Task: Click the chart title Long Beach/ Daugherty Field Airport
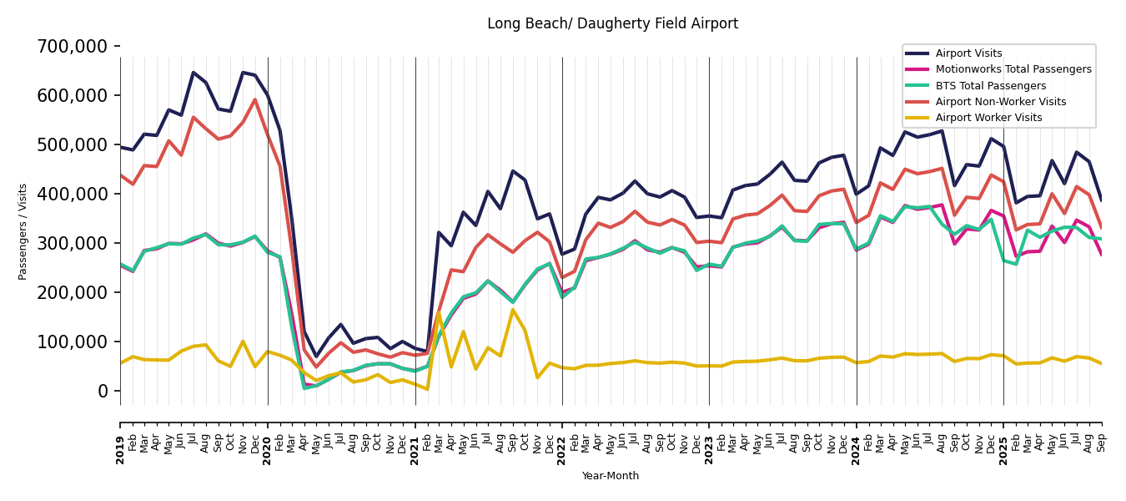click(612, 24)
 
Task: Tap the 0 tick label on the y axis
click(103, 391)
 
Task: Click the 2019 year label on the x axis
click(120, 449)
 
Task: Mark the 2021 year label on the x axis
click(415, 449)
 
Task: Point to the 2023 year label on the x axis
click(709, 449)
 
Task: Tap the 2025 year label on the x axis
click(1003, 449)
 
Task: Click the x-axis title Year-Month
click(611, 476)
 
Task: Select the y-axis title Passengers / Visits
click(23, 231)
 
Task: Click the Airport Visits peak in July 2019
click(194, 73)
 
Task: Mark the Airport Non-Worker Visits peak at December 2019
click(255, 99)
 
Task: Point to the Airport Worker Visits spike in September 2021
click(513, 310)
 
